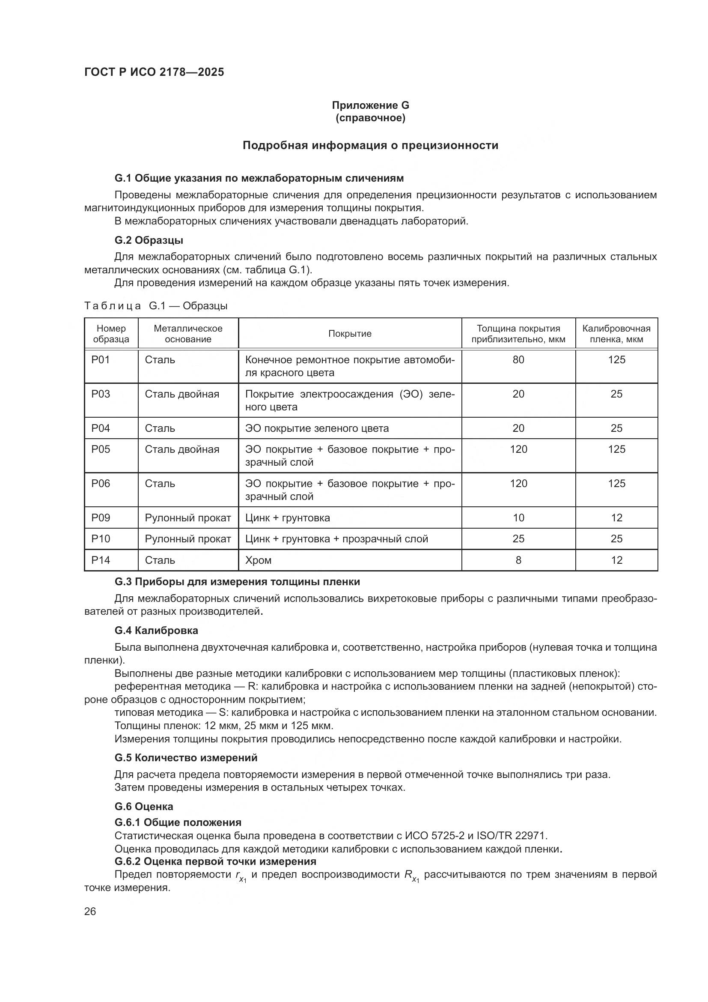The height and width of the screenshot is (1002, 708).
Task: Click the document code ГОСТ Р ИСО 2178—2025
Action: [154, 72]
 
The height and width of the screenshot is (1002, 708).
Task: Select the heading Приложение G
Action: [370, 105]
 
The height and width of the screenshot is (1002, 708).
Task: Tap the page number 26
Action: [90, 912]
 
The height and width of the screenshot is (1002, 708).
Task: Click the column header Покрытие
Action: [350, 334]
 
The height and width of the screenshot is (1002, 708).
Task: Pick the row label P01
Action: [101, 359]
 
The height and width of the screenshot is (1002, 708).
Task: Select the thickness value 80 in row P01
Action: [518, 359]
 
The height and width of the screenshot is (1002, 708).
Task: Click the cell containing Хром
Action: [259, 560]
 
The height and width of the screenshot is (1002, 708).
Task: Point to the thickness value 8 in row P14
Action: [518, 560]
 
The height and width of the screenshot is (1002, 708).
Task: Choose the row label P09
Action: [101, 517]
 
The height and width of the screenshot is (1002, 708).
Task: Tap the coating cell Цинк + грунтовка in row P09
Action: [287, 517]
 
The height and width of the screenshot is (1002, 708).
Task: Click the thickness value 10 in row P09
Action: [518, 517]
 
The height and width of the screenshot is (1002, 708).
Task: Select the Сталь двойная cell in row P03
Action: [182, 394]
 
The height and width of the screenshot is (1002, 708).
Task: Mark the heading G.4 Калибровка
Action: [156, 630]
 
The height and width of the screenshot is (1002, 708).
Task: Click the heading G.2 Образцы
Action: [149, 240]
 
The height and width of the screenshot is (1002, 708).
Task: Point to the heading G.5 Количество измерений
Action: [186, 758]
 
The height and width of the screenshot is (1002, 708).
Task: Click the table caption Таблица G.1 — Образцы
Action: [156, 305]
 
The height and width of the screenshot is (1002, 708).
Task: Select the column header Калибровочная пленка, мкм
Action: [616, 334]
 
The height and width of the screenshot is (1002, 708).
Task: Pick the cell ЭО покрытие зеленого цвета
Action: [317, 428]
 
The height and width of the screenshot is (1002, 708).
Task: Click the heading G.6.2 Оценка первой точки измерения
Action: [215, 861]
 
